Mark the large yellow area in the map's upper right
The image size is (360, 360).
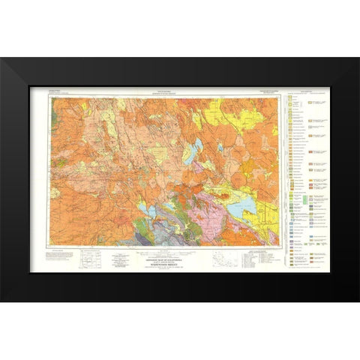255,120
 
